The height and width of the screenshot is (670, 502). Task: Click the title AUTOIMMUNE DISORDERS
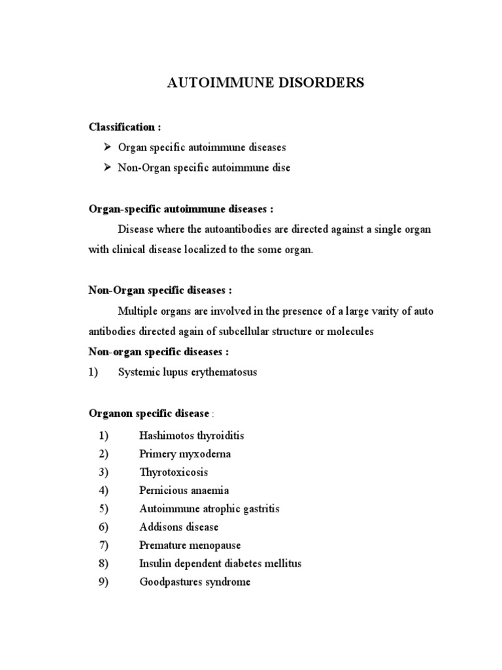tap(266, 83)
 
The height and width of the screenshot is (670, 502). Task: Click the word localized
tap(197, 251)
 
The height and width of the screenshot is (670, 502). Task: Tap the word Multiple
tap(139, 311)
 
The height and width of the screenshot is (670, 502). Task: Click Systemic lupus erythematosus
tap(188, 372)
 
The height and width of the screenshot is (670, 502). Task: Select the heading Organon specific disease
tap(149, 414)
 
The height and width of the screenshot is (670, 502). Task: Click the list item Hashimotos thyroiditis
tap(192, 435)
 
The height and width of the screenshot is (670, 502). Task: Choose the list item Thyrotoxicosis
tap(174, 472)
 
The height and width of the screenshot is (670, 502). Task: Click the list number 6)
tap(103, 527)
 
